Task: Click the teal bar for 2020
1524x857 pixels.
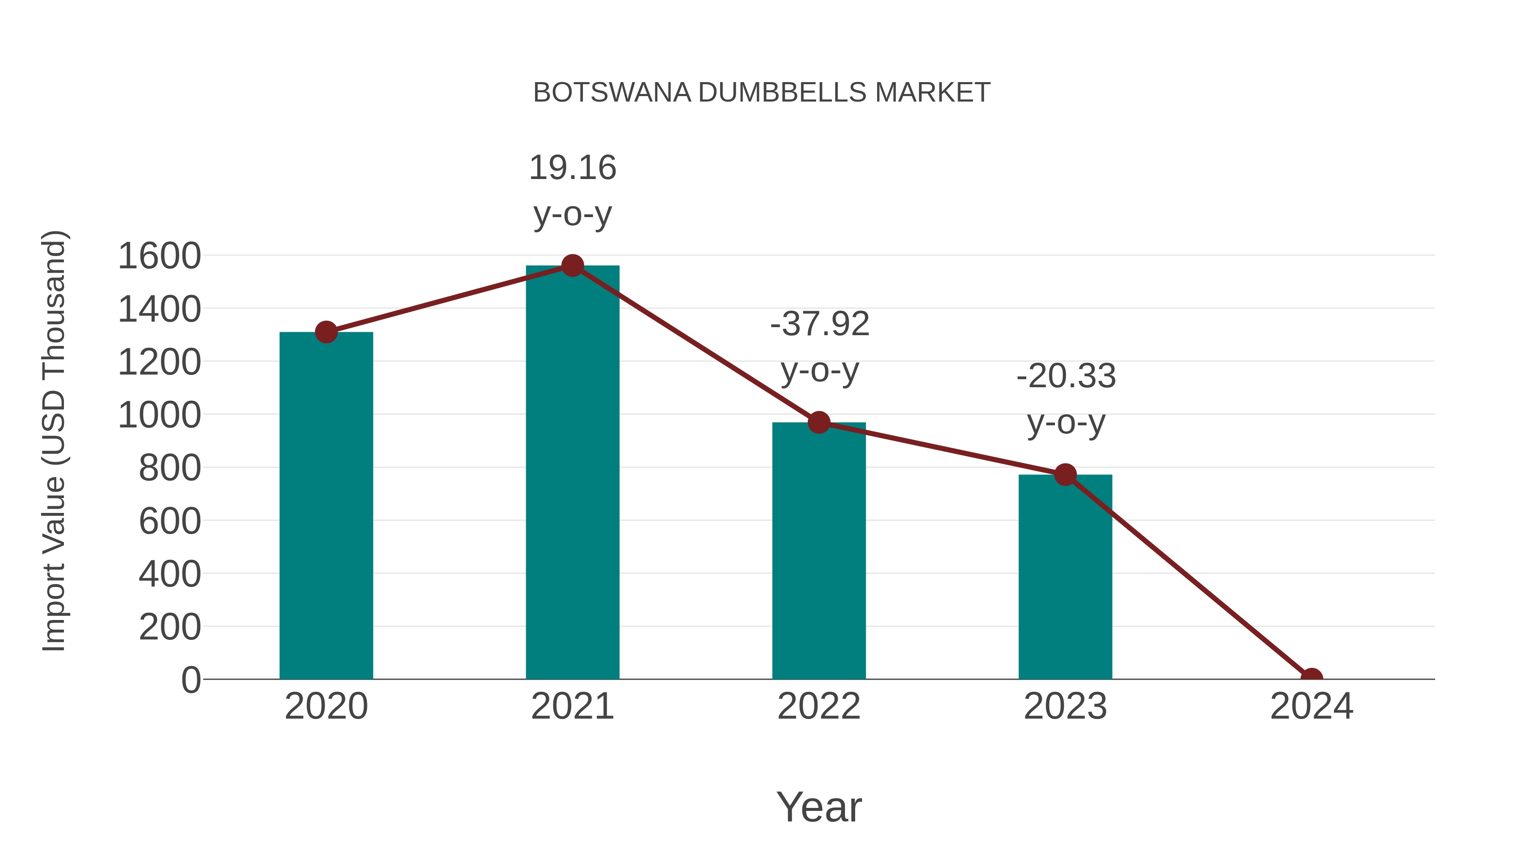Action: (x=326, y=506)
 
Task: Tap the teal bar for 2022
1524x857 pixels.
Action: (x=819, y=551)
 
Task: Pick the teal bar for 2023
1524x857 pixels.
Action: (x=1065, y=577)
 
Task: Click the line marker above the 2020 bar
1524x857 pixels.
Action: (x=326, y=332)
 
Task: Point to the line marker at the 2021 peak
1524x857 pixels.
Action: (x=572, y=265)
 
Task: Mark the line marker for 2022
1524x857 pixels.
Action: (x=819, y=422)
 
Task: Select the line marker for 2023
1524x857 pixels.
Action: (x=1065, y=474)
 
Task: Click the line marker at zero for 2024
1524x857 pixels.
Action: (x=1311, y=678)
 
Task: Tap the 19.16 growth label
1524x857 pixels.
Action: (x=572, y=168)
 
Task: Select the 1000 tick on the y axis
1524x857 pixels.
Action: (x=159, y=415)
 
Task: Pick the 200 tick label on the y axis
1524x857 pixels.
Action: (x=170, y=627)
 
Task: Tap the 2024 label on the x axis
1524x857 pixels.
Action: (x=1311, y=706)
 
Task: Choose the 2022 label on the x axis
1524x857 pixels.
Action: (x=819, y=706)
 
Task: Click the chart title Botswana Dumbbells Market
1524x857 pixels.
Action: (x=762, y=93)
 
